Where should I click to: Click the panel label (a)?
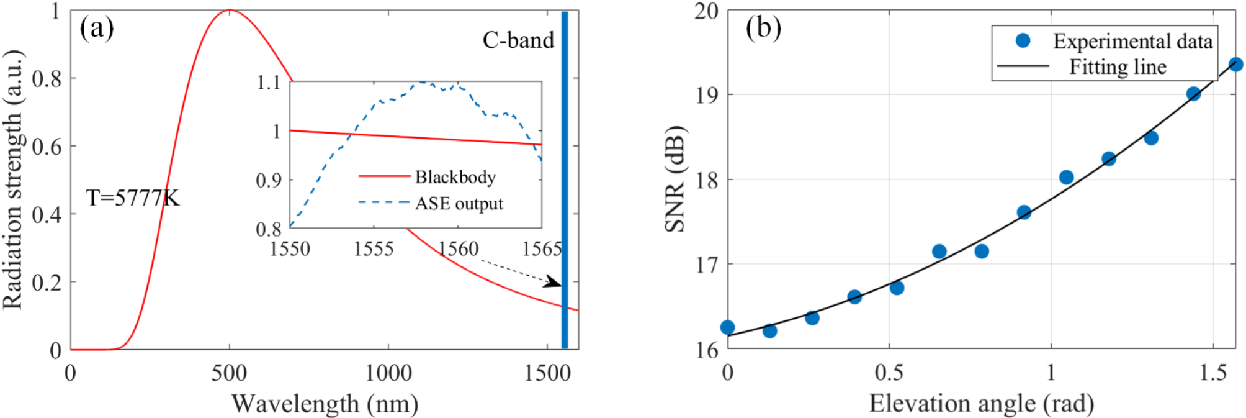point(97,29)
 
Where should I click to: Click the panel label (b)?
point(763,29)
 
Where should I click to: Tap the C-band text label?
point(518,40)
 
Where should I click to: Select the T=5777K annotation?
point(133,199)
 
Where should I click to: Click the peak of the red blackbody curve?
point(230,11)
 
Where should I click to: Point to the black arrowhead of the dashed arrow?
point(554,283)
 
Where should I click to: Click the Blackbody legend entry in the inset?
point(455,178)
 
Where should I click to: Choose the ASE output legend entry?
point(459,204)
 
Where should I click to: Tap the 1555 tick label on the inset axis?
point(374,249)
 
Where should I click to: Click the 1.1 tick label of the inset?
point(269,83)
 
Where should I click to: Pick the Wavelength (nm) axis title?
point(325,404)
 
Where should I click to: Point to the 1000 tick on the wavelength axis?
point(388,373)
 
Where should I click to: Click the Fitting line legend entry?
point(1117,67)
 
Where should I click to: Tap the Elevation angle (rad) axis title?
point(981,404)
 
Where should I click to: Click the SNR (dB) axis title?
point(675,180)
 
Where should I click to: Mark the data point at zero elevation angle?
point(727,327)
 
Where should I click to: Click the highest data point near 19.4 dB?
point(1235,65)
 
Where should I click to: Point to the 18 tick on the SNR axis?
point(707,180)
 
